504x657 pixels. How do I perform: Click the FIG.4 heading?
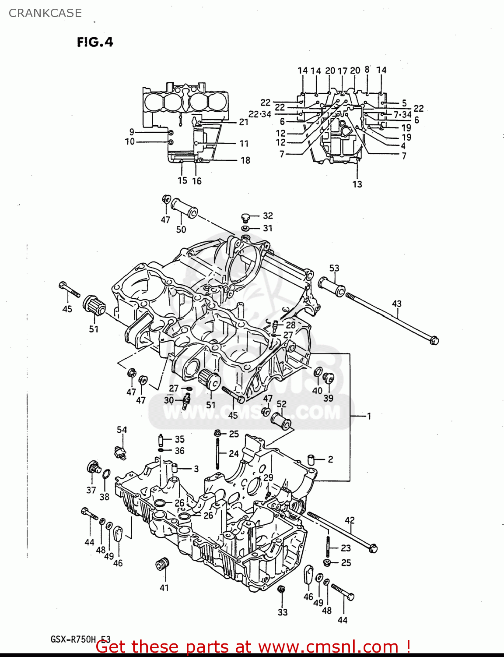click(x=95, y=42)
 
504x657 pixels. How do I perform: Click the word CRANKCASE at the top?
click(x=45, y=13)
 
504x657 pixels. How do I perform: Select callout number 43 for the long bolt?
click(x=396, y=304)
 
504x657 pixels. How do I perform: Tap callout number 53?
click(x=334, y=268)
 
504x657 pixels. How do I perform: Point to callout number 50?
click(x=181, y=229)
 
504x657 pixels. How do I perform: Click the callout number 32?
click(x=268, y=215)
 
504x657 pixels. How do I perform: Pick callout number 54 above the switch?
click(x=122, y=430)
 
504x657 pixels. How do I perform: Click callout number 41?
click(x=164, y=588)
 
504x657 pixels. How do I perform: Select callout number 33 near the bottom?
click(x=283, y=612)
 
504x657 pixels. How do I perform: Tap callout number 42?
click(x=350, y=520)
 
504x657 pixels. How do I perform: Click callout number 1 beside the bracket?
click(x=369, y=416)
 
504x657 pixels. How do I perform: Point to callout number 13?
click(x=357, y=184)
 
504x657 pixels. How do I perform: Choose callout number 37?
click(x=91, y=490)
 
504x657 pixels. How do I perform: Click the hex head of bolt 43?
click(x=434, y=340)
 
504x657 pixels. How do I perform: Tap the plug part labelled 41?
click(x=163, y=564)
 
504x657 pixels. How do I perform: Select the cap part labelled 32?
click(x=245, y=217)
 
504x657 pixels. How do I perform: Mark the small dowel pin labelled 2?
click(x=311, y=460)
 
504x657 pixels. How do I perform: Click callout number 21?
click(x=244, y=122)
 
